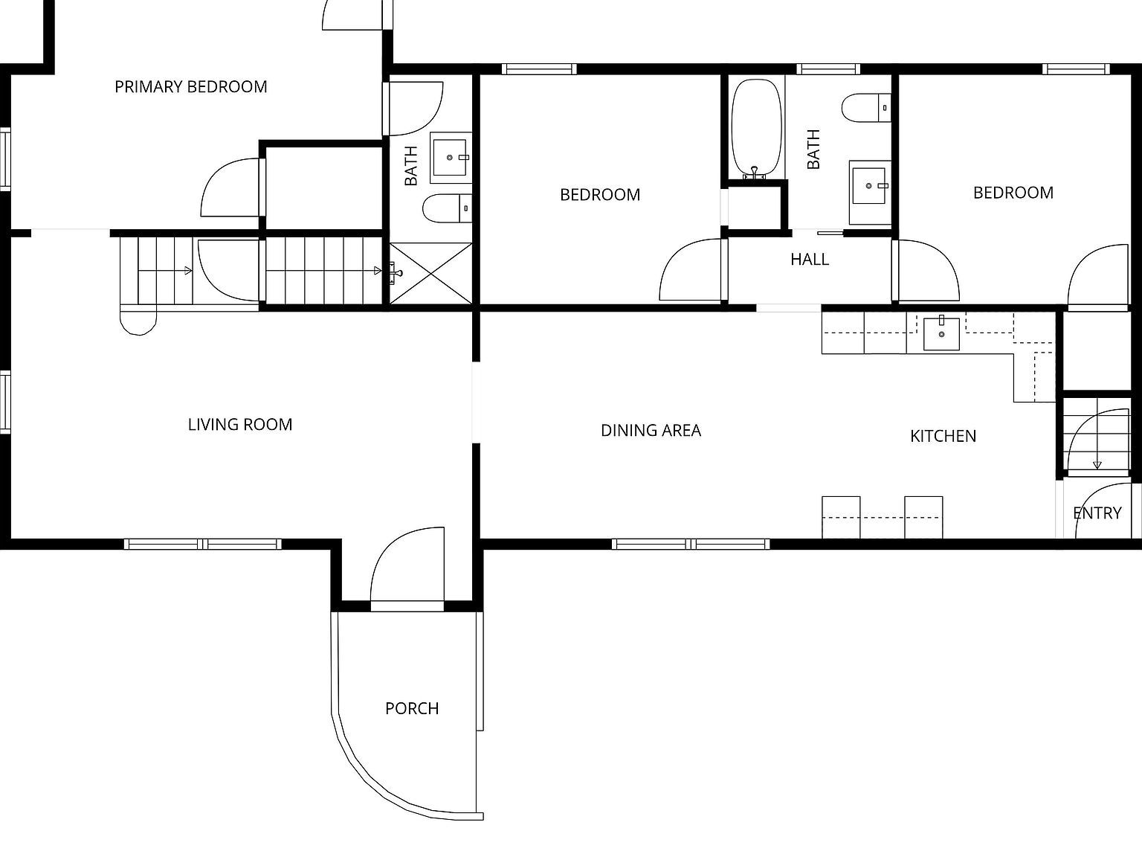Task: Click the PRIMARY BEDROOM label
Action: (x=190, y=87)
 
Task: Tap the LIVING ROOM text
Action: (x=239, y=425)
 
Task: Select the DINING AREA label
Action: (x=651, y=431)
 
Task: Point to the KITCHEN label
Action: (x=943, y=436)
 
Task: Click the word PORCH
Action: (x=412, y=709)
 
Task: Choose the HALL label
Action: (x=809, y=260)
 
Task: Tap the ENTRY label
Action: (x=1097, y=513)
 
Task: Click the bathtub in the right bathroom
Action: (x=756, y=128)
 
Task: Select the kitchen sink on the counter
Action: (x=941, y=332)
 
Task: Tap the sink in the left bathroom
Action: (x=449, y=157)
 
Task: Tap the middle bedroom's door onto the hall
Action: (x=691, y=272)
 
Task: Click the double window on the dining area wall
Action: (x=691, y=544)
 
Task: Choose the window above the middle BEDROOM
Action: (x=538, y=69)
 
